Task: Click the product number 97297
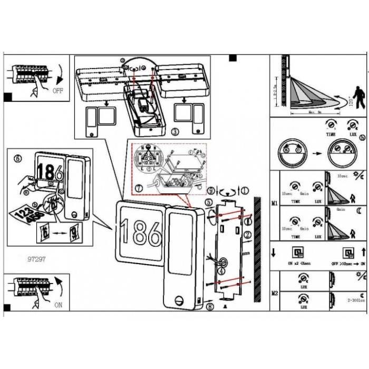click(x=35, y=259)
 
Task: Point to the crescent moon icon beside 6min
click(x=357, y=211)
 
